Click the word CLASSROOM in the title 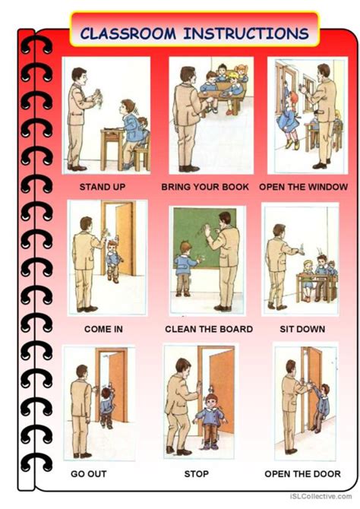[128, 33]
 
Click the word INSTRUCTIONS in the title [246, 33]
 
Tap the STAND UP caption [103, 187]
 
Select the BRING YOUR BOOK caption [205, 187]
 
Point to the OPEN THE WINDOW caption [304, 187]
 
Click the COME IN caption [103, 329]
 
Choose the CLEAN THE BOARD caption [209, 329]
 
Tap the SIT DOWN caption [302, 329]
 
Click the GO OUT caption [89, 474]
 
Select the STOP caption [197, 474]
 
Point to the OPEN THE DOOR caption [302, 474]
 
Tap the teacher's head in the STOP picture [183, 367]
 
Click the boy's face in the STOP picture [212, 403]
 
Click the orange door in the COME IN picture [125, 239]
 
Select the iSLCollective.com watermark [320, 496]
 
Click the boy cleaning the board [185, 268]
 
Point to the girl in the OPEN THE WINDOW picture [290, 120]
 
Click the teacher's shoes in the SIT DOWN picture [277, 306]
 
